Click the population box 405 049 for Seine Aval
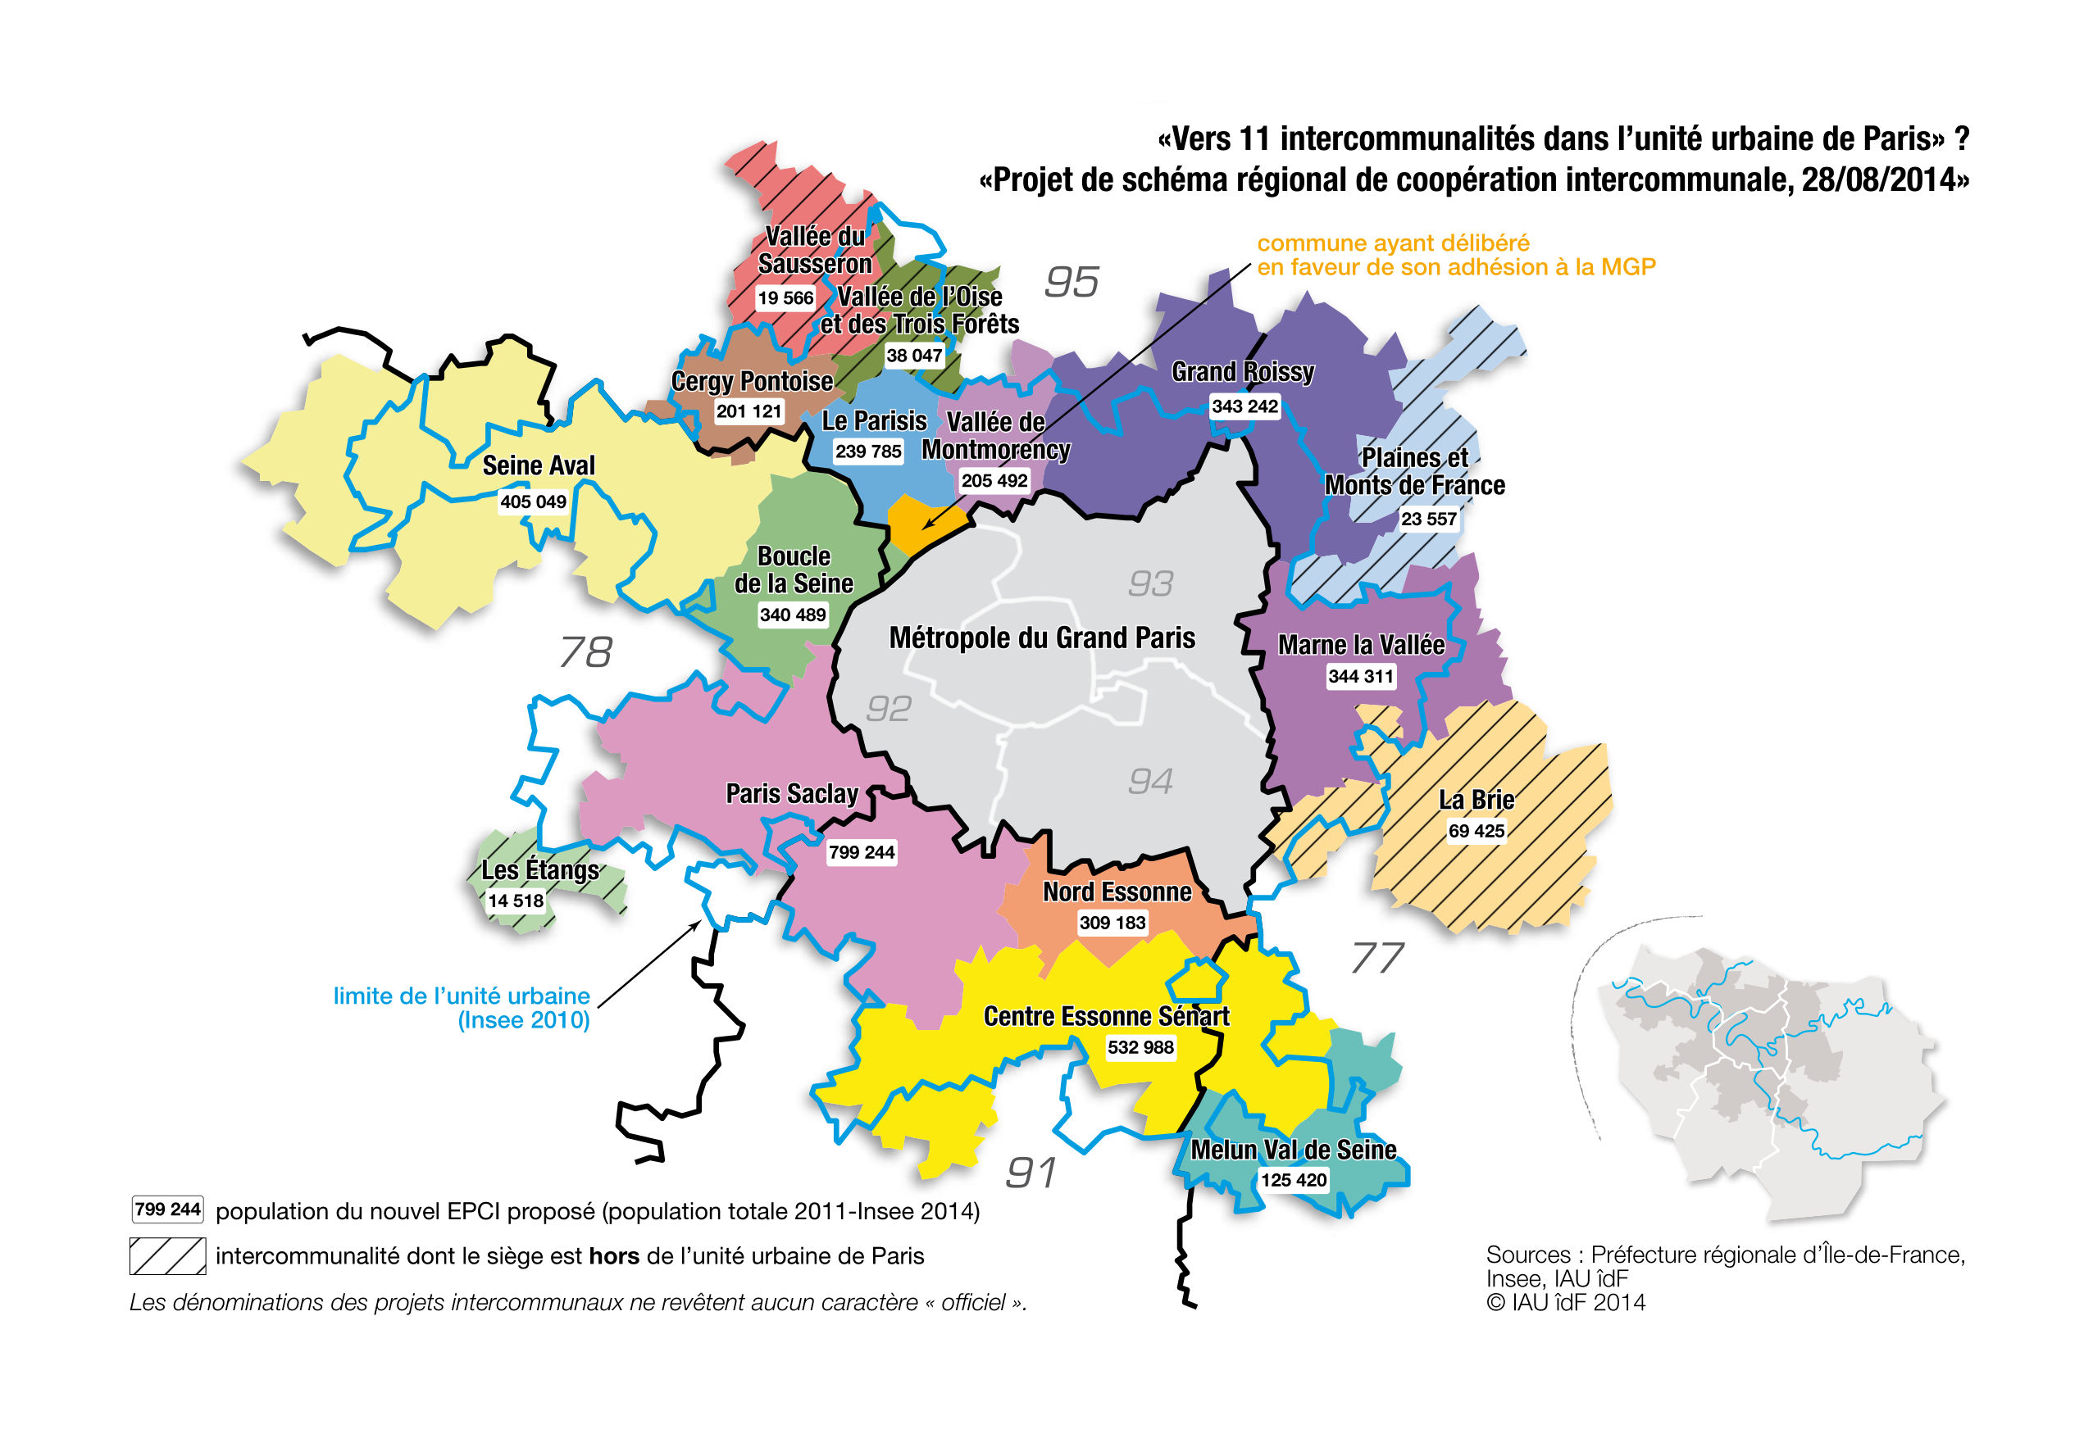pyautogui.click(x=533, y=501)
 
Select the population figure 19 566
pyautogui.click(x=785, y=298)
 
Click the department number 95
pyautogui.click(x=1071, y=282)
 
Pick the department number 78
pyautogui.click(x=586, y=652)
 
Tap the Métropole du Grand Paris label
pyautogui.click(x=1042, y=638)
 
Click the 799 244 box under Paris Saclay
pyautogui.click(x=861, y=852)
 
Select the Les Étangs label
pyautogui.click(x=540, y=869)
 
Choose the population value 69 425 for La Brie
pyautogui.click(x=1476, y=831)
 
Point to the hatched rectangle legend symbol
pyautogui.click(x=167, y=1256)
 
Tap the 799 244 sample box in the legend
pyautogui.click(x=167, y=1209)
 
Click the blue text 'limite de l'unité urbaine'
pyautogui.click(x=462, y=996)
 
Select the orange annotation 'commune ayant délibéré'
pyautogui.click(x=1393, y=243)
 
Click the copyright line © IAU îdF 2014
pyautogui.click(x=1566, y=1303)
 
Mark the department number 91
pyautogui.click(x=1031, y=1173)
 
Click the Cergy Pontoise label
pyautogui.click(x=752, y=382)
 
